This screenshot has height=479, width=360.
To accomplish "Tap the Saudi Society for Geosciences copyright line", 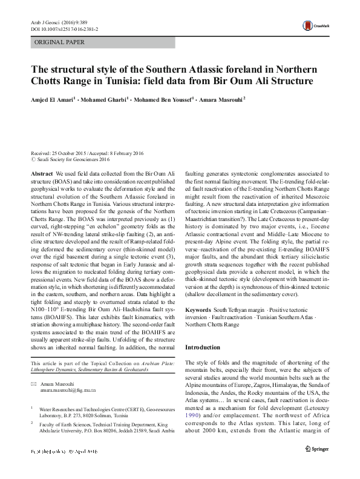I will click(73, 160).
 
